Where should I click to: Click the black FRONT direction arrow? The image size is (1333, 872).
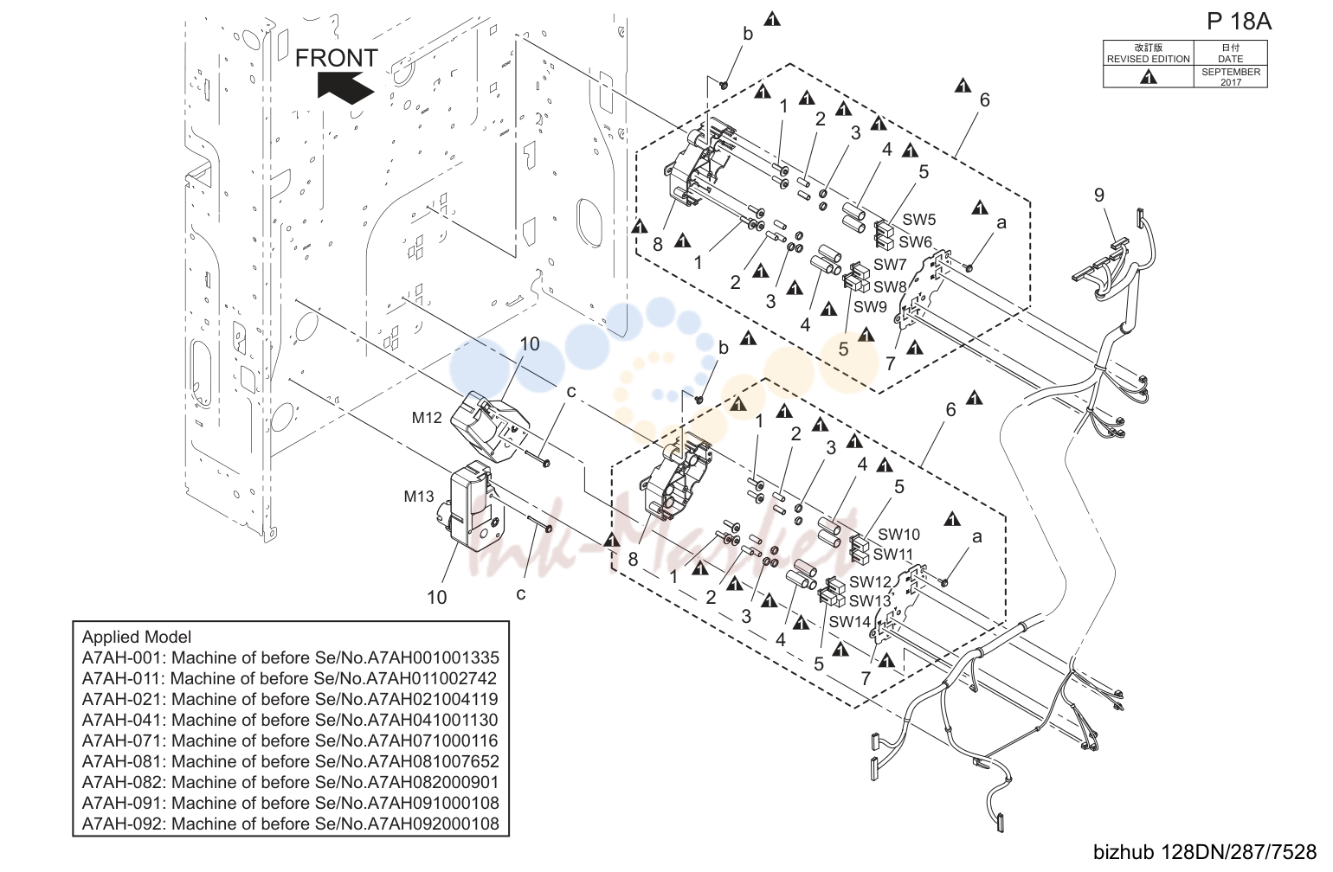click(345, 87)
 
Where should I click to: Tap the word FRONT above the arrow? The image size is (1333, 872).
click(336, 58)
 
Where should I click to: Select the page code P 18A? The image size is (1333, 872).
click(1239, 22)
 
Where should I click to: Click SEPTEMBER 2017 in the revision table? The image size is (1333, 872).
click(1231, 77)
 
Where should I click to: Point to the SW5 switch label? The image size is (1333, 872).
click(919, 219)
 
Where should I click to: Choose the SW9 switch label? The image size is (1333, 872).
click(870, 306)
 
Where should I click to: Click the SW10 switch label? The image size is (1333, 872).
click(898, 534)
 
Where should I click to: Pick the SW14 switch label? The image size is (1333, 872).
click(849, 621)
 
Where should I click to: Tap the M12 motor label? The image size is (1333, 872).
click(427, 418)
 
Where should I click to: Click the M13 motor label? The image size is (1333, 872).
click(419, 496)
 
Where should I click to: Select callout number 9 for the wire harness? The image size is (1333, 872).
click(1099, 195)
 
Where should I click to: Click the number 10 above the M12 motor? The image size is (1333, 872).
click(529, 343)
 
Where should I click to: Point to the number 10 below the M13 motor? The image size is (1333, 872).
click(436, 597)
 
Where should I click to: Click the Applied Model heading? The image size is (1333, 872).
click(136, 637)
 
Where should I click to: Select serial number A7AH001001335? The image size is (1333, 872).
click(433, 657)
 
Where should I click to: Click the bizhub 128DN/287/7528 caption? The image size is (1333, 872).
click(1205, 852)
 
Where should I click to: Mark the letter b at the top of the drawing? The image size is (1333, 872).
click(748, 34)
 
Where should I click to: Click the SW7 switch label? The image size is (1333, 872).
click(890, 264)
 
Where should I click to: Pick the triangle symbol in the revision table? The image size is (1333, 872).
click(1148, 77)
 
